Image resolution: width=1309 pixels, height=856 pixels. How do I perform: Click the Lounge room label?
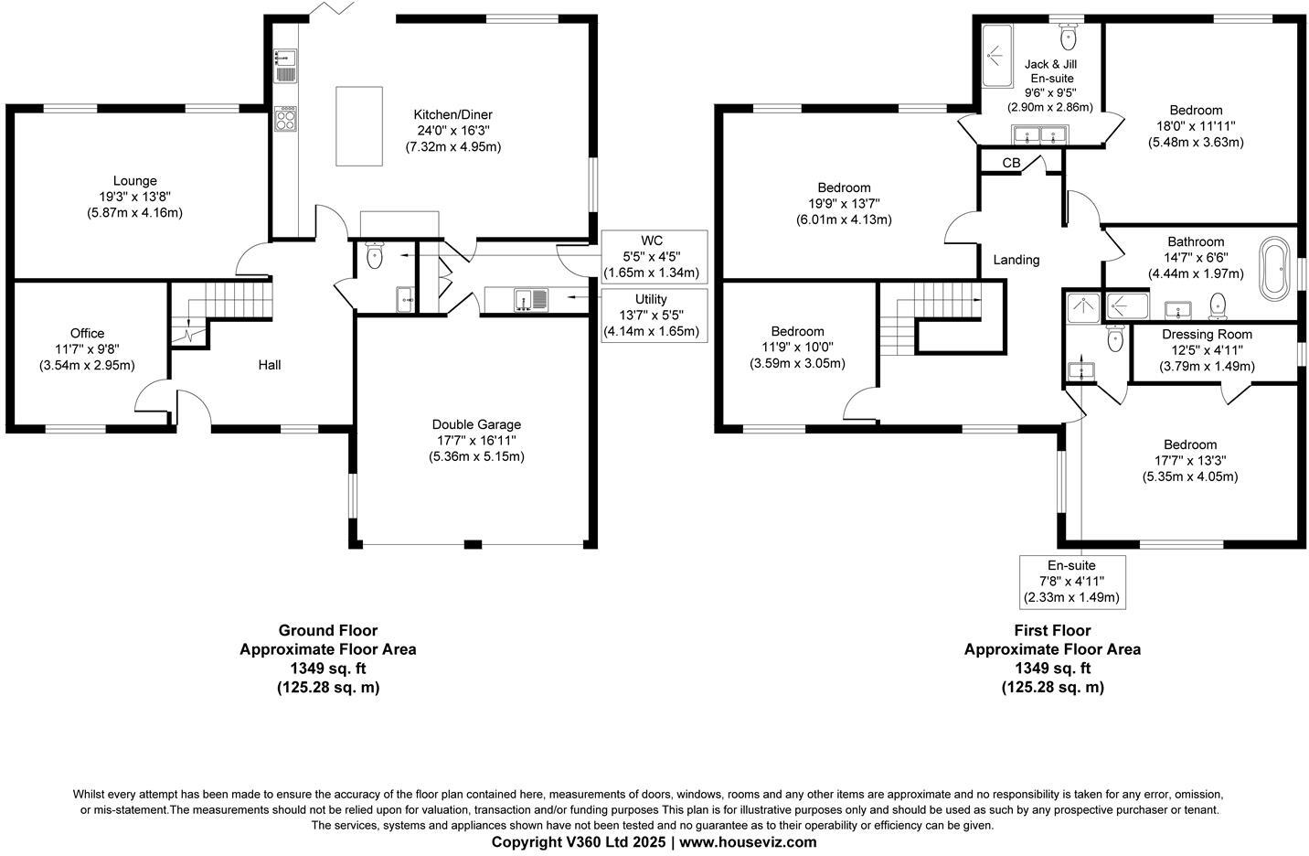[135, 181]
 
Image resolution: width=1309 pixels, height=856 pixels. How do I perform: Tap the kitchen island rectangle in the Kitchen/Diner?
[358, 125]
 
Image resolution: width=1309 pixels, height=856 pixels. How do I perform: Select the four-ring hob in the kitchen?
[286, 119]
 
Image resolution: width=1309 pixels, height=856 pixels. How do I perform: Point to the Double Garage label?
[476, 424]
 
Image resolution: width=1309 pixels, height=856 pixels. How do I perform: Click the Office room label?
[87, 333]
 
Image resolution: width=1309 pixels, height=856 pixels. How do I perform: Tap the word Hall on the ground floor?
[269, 365]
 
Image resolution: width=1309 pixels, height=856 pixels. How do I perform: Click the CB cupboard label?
[1011, 163]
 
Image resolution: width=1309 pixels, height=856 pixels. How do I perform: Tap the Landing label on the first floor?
[1016, 260]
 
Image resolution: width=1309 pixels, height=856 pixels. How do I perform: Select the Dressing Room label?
[1207, 335]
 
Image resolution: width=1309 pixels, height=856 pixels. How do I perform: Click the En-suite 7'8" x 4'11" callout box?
[1071, 582]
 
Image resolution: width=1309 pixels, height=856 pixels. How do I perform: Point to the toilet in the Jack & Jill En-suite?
[1068, 37]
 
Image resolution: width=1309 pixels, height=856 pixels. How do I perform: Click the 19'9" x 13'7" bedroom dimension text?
[844, 204]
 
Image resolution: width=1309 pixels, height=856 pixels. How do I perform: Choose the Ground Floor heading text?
[327, 630]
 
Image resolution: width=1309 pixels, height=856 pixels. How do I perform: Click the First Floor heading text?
[1052, 630]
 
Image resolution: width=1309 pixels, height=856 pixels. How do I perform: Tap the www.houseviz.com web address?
[748, 841]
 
